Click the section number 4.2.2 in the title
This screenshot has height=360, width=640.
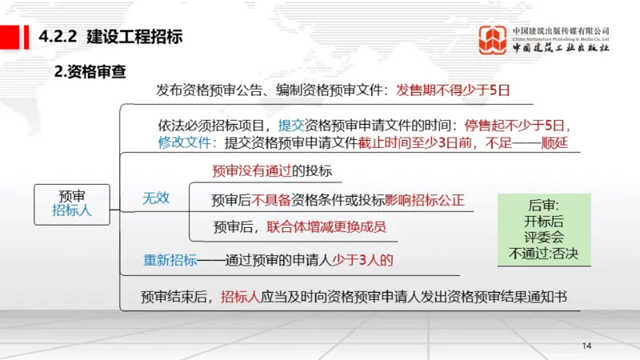(58, 36)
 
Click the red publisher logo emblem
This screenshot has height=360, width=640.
(493, 40)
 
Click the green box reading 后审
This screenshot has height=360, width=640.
(543, 205)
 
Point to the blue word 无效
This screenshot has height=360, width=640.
(156, 198)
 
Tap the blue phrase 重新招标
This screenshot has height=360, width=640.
(170, 260)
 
